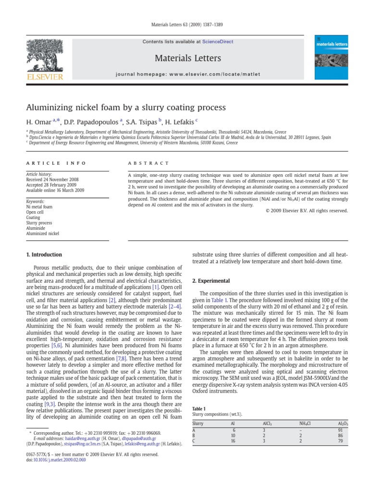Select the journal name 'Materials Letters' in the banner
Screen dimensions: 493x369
coord(188,58)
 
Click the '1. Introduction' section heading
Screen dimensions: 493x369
coord(44,255)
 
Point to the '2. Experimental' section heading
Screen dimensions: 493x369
coord(211,281)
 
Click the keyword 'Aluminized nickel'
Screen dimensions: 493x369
coord(42,234)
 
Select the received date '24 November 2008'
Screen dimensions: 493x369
coord(63,180)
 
